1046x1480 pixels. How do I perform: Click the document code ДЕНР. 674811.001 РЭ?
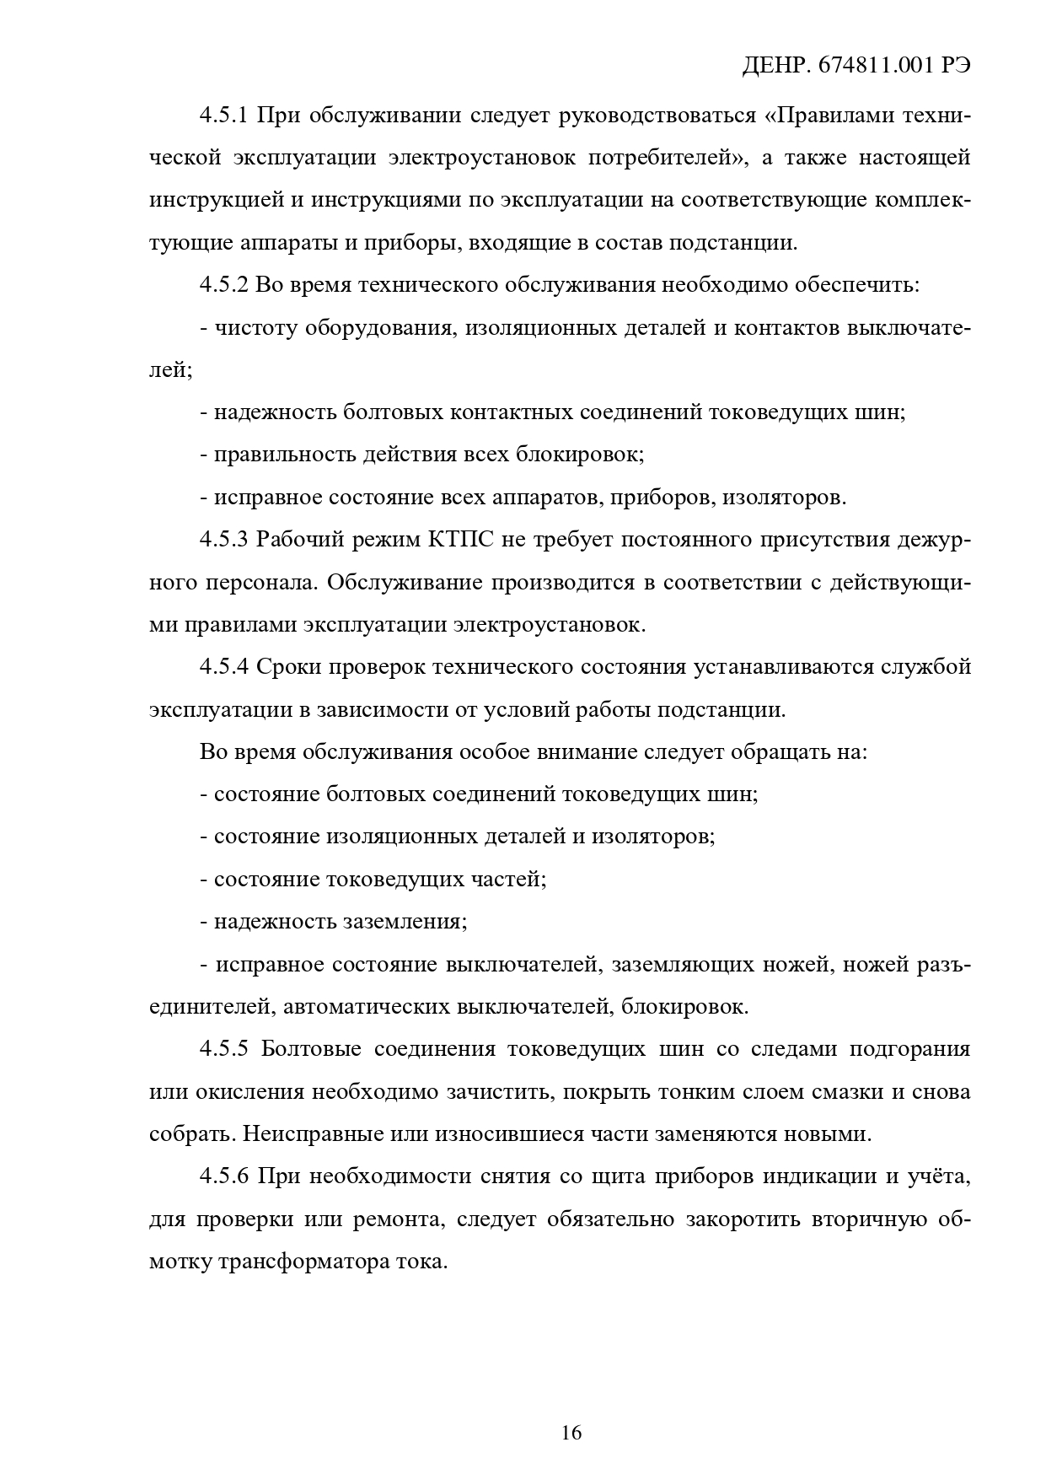(x=856, y=67)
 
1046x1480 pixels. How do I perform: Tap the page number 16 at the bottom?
(x=571, y=1432)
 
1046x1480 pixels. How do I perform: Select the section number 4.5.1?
(x=223, y=115)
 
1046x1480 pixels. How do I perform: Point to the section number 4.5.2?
(x=223, y=285)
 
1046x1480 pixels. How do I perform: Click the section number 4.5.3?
(x=223, y=540)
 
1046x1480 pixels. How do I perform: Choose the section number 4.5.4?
(x=223, y=667)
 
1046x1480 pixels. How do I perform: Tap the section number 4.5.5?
(x=223, y=1049)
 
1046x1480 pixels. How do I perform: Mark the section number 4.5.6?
(x=223, y=1176)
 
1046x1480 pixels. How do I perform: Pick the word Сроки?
(x=286, y=667)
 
